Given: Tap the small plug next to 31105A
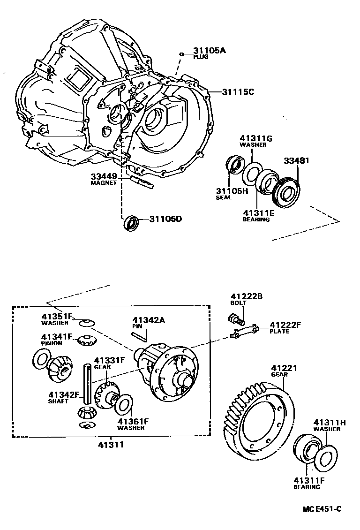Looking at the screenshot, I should (181, 54).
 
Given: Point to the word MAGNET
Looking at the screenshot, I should (103, 183).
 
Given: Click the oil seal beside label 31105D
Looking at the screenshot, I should (131, 222).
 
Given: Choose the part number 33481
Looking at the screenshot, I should (296, 160).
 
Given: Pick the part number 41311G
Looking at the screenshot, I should (256, 138).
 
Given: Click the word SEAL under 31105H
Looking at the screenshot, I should (224, 197).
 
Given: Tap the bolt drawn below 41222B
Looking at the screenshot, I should (236, 321).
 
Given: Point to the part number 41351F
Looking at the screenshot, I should (57, 316).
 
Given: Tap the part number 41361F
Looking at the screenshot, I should (133, 422).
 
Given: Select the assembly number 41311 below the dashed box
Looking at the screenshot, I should (111, 444).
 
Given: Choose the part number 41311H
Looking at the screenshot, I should (330, 422).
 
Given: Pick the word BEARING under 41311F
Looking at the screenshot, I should (307, 487).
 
